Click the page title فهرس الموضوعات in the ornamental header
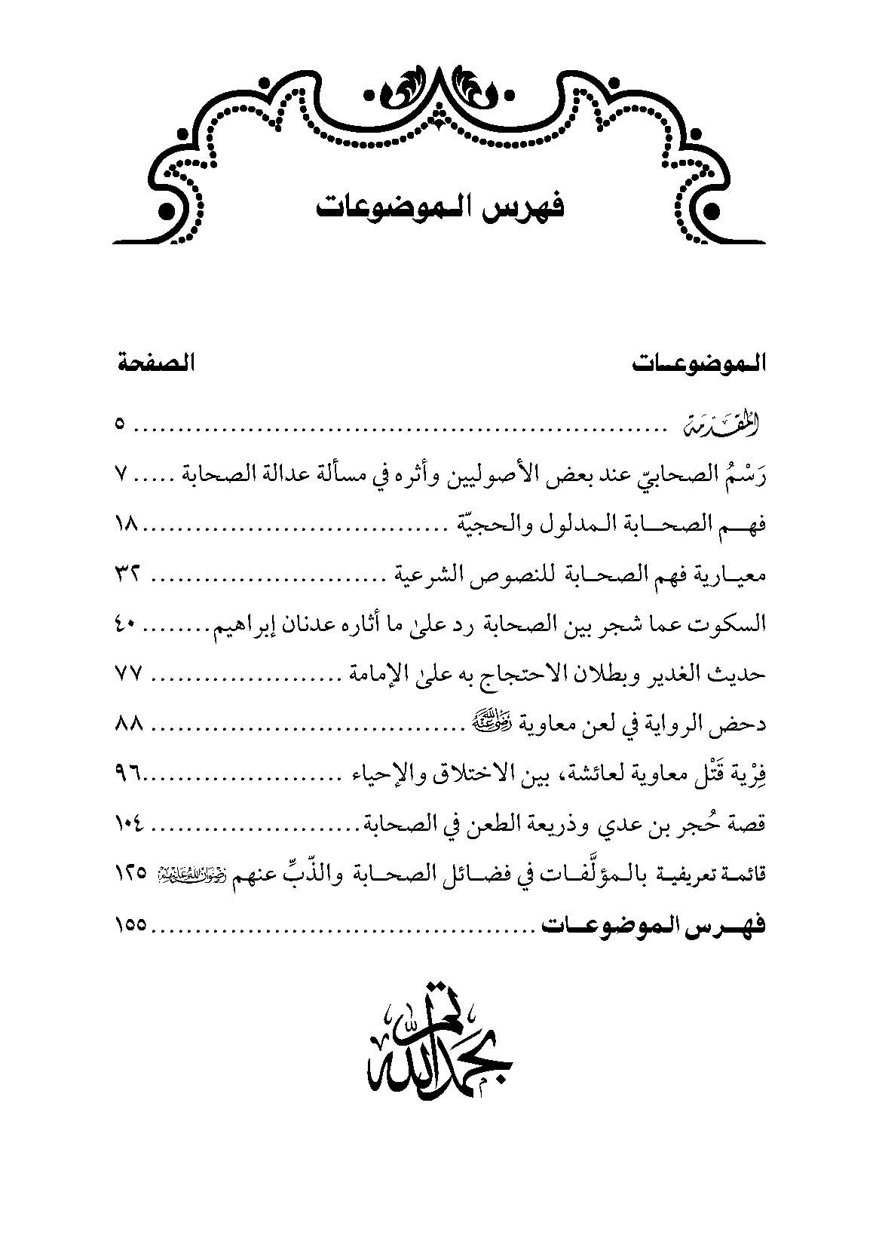(439, 206)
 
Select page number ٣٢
(127, 575)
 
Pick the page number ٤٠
(127, 624)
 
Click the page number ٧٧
(128, 674)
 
